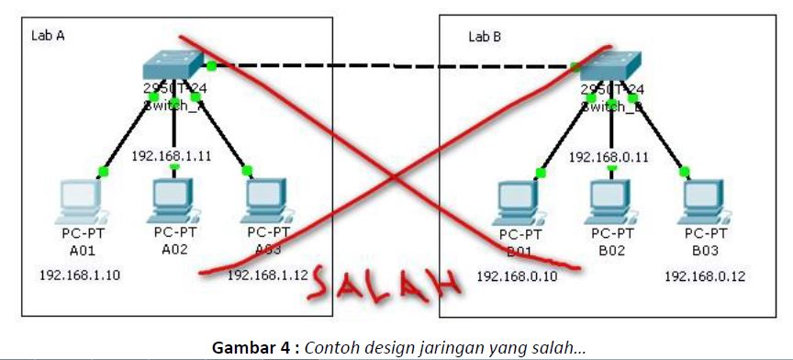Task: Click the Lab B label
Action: point(484,37)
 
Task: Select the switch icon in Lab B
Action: point(609,65)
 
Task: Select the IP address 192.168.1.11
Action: point(173,155)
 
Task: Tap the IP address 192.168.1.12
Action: point(265,275)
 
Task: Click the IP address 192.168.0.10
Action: point(516,275)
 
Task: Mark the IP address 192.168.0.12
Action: point(704,275)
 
